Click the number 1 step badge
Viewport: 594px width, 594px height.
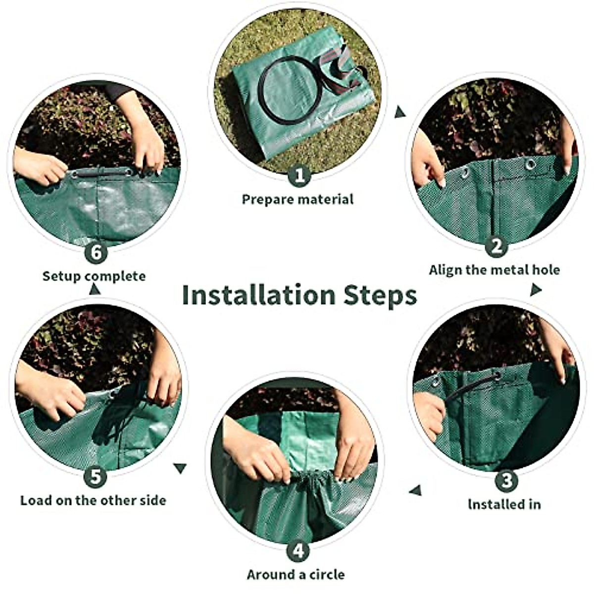click(x=299, y=175)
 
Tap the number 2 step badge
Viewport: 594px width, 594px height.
click(x=496, y=246)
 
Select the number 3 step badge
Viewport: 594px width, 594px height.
click(x=506, y=480)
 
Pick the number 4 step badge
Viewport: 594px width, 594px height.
click(x=298, y=550)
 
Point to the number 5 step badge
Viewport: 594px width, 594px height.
click(x=96, y=477)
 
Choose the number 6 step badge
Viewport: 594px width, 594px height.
click(x=96, y=253)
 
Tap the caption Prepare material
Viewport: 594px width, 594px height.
click(x=297, y=199)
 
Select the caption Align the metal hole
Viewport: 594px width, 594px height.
click(x=494, y=270)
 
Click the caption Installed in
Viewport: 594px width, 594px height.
click(x=504, y=504)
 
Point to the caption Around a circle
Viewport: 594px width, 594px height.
click(x=296, y=575)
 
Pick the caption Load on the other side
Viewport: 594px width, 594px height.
click(x=93, y=500)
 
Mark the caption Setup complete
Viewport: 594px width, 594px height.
click(x=94, y=276)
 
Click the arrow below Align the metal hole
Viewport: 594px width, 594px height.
click(x=535, y=290)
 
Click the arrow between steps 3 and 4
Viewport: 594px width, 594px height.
click(x=415, y=490)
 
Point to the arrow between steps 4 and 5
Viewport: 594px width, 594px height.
click(x=181, y=467)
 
